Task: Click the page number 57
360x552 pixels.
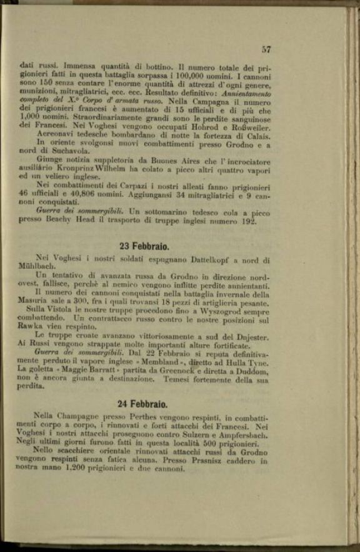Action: click(266, 49)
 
